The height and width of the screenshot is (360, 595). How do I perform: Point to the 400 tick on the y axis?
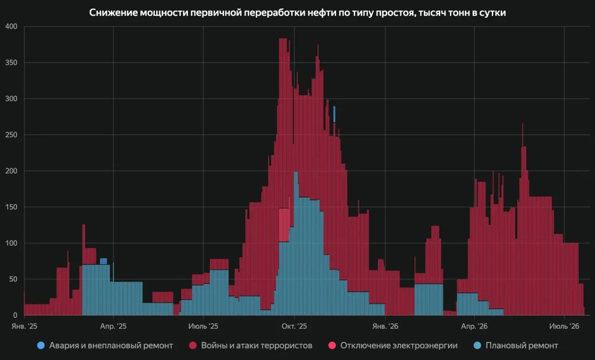11,26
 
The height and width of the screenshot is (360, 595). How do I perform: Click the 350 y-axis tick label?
11,62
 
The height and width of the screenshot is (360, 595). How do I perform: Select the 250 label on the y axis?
11,135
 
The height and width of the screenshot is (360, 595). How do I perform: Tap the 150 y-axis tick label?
11,207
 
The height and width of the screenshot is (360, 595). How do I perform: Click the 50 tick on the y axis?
13,279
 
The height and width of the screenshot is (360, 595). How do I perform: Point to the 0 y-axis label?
15,315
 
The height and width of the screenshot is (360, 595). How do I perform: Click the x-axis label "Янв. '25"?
24,326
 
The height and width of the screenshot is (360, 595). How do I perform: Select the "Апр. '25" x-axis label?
113,326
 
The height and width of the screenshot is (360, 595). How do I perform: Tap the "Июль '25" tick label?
203,326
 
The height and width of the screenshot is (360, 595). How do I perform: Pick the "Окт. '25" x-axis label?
294,326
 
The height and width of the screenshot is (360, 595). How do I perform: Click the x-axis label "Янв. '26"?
385,326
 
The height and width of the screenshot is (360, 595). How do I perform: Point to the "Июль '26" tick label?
564,326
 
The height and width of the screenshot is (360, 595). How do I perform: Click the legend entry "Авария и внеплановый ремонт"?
105,346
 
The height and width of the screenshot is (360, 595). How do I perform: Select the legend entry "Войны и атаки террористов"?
251,346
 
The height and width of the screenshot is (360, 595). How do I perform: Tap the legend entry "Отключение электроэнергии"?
393,346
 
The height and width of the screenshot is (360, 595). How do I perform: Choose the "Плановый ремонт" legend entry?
516,346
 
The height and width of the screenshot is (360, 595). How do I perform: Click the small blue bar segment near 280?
334,114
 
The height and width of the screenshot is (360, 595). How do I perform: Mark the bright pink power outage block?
284,225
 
